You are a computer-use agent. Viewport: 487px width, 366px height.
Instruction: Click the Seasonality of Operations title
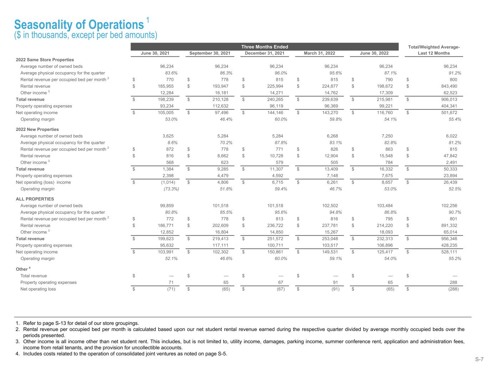[79, 25]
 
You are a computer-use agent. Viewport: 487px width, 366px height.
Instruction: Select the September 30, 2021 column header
[210, 53]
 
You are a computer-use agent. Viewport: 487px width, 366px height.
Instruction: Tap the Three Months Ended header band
[264, 47]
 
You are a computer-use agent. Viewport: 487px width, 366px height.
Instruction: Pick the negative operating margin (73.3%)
[169, 189]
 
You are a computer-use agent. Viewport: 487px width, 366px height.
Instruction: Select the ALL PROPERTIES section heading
[35, 199]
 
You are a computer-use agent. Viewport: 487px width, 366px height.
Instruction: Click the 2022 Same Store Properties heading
[45, 60]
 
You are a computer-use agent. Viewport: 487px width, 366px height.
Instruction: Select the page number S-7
[479, 359]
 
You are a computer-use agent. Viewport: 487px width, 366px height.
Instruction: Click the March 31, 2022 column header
[319, 53]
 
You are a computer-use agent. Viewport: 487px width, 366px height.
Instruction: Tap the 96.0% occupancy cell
[280, 73]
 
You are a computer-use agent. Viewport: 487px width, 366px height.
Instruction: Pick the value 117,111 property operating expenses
[219, 245]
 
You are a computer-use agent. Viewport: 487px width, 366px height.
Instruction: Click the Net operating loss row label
[38, 289]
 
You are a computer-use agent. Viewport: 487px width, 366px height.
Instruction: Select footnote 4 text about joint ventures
[125, 354]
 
